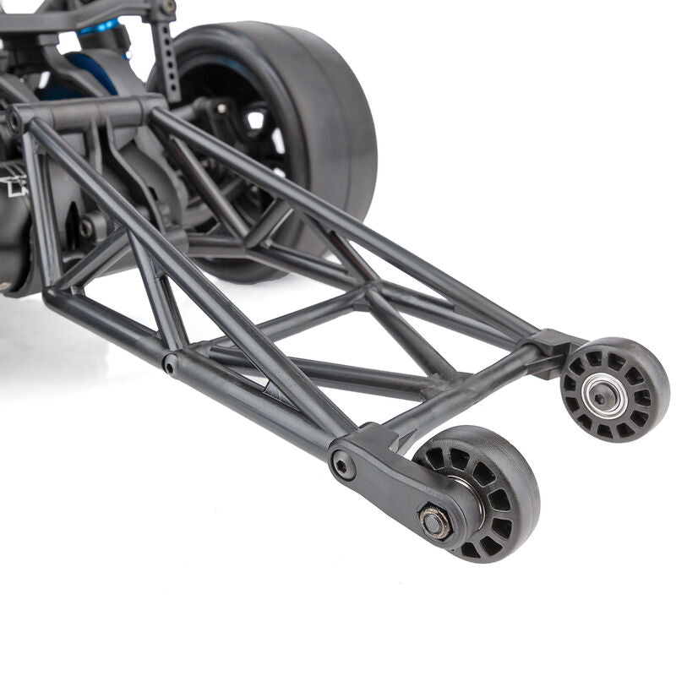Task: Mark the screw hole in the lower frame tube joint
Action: click(x=171, y=366)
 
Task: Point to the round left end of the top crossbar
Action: click(x=15, y=121)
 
